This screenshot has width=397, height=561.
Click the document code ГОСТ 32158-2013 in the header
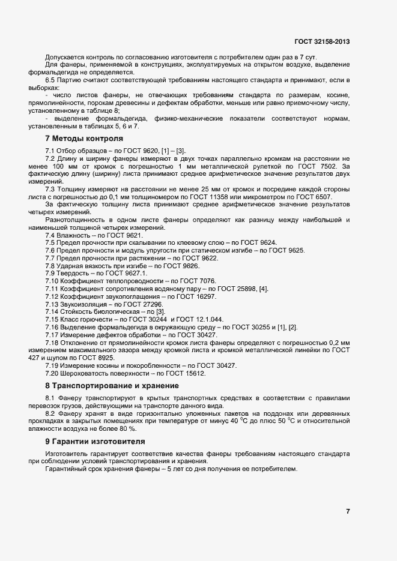click(x=322, y=41)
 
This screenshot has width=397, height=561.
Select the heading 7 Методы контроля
click(x=80, y=139)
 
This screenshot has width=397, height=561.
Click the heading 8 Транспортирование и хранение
click(x=112, y=385)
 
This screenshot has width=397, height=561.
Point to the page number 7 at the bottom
click(x=347, y=511)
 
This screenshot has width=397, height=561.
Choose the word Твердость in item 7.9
click(x=76, y=273)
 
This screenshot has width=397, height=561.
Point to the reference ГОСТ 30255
click(x=244, y=328)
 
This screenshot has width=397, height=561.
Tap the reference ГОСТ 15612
click(x=184, y=373)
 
